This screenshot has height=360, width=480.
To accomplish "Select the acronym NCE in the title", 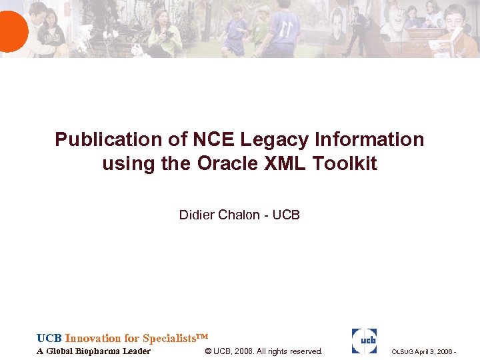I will (x=213, y=139).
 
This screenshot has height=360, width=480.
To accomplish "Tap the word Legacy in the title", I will (x=273, y=139).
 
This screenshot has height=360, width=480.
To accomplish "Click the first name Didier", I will (x=195, y=215).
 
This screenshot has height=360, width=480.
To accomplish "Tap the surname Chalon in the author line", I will (x=238, y=215).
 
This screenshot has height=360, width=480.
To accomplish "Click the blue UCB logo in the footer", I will (x=364, y=341).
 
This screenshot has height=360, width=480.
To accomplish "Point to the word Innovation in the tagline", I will (x=93, y=338).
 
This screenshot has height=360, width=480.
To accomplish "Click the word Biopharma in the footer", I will (x=99, y=351).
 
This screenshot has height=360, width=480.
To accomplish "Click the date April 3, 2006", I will (x=433, y=352).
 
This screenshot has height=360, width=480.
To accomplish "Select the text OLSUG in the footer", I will (x=403, y=352).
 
